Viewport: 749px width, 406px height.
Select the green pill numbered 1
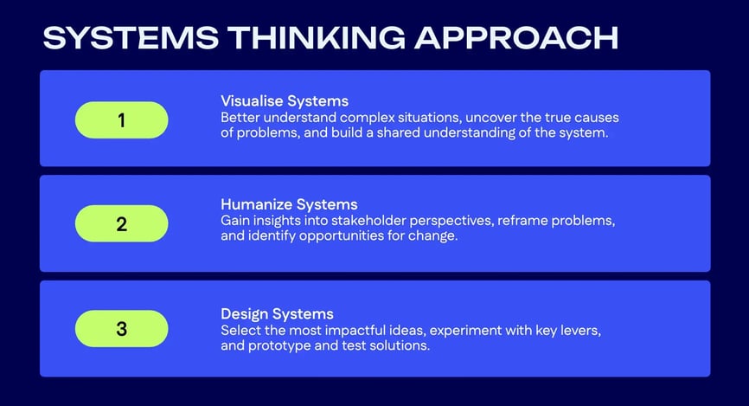(x=121, y=120)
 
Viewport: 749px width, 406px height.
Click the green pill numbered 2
(x=121, y=224)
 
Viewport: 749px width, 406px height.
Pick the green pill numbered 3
(x=121, y=328)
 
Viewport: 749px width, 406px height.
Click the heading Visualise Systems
(x=285, y=101)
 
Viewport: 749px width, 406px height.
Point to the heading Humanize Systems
(x=289, y=205)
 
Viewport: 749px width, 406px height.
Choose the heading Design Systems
(x=277, y=313)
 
